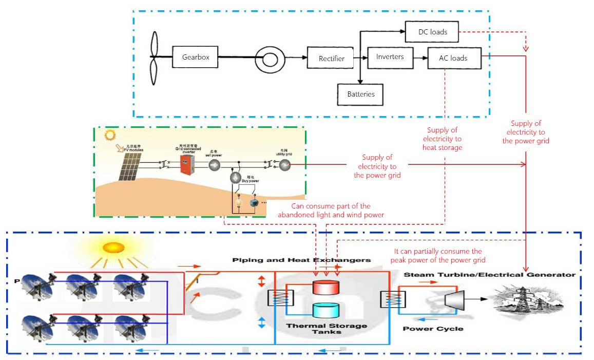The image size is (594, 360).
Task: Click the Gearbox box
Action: (196, 57)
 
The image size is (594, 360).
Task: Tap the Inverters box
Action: (390, 56)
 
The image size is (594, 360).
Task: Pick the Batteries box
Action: (360, 94)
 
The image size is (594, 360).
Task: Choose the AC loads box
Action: (453, 58)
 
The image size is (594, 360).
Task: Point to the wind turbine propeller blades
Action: (154, 56)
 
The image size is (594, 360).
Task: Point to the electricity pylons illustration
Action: (534, 300)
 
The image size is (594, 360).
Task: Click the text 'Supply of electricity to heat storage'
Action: (442, 139)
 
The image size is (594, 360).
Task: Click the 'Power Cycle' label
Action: (432, 329)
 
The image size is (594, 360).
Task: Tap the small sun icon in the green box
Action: (109, 136)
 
